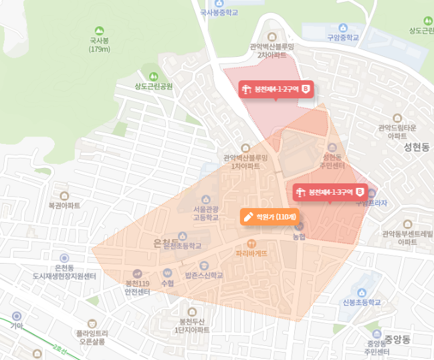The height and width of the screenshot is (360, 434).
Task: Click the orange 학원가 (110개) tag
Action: tap(268, 216)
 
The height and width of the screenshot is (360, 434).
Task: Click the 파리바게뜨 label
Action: tap(251, 254)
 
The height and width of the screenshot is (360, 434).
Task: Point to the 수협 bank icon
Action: tap(167, 273)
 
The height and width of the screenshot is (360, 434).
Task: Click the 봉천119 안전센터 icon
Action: tap(137, 273)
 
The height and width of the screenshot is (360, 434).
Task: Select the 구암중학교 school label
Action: tap(343, 37)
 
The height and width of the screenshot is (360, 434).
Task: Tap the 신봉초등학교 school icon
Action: tap(361, 292)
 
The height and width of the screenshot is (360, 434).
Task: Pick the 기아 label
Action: tap(17, 326)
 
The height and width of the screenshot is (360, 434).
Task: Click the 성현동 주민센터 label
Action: tap(333, 161)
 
